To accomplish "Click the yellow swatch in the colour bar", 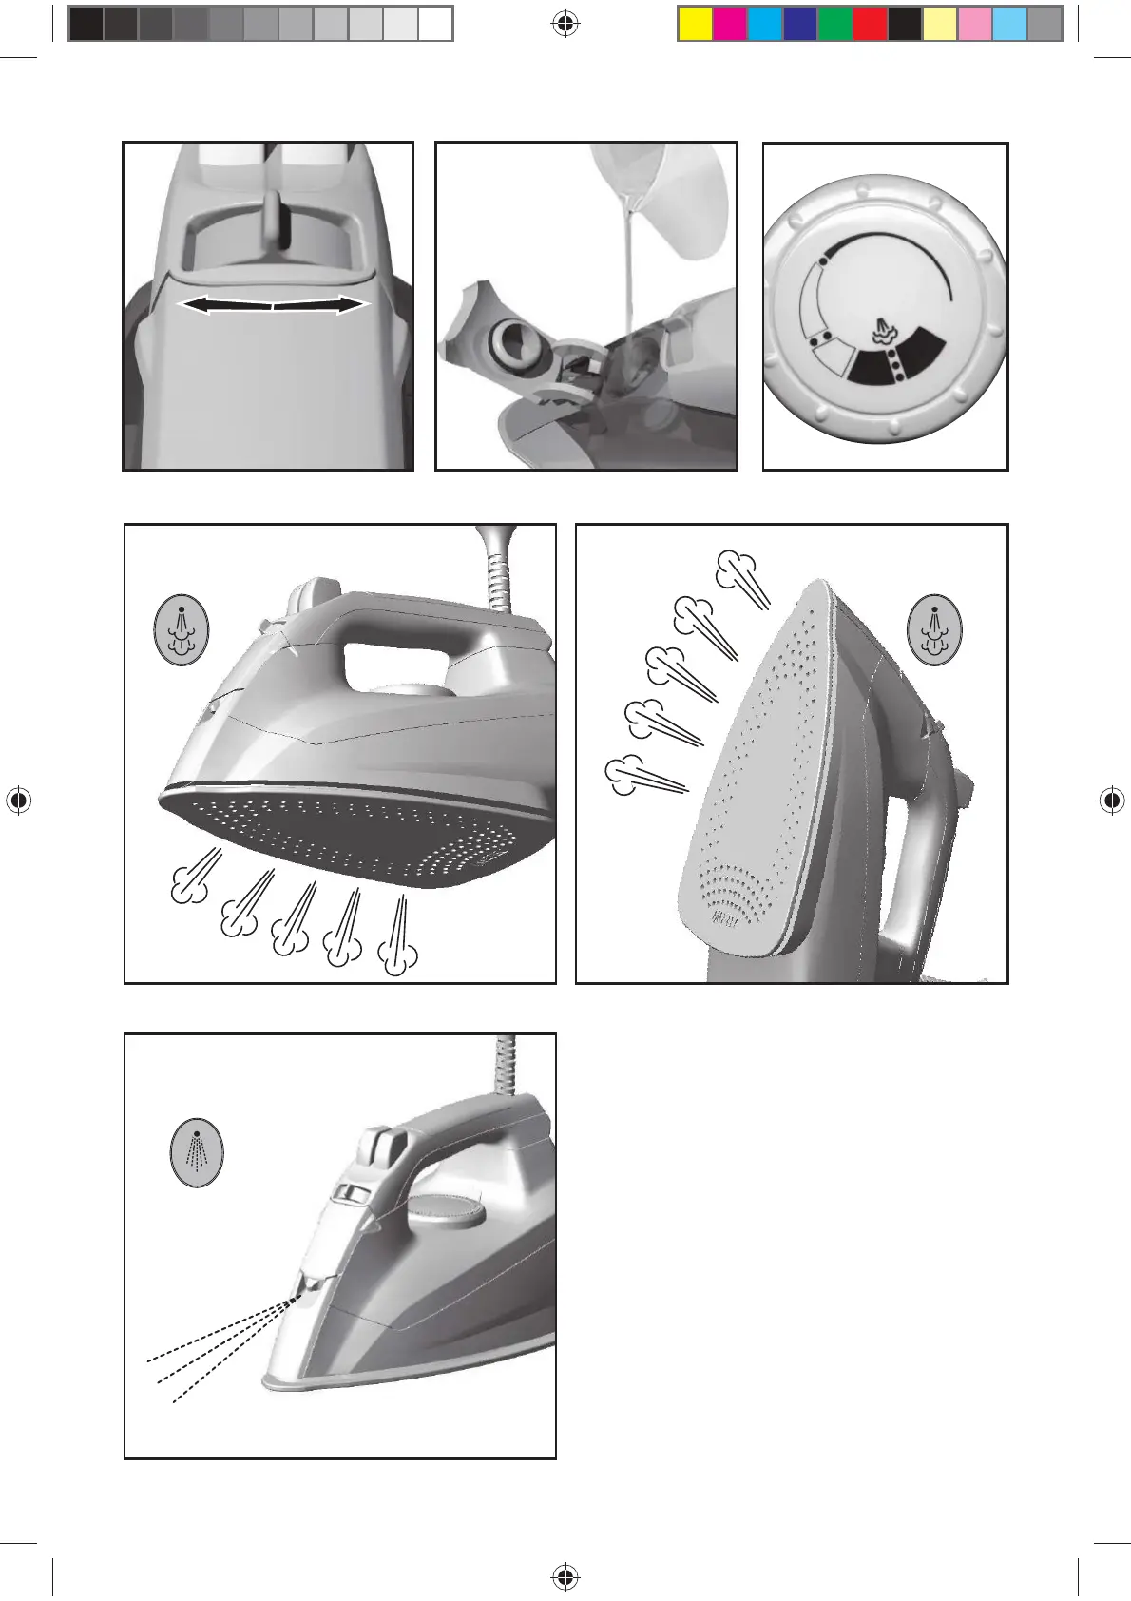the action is (695, 24).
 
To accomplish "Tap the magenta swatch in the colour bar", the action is (730, 24).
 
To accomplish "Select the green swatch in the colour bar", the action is (835, 24).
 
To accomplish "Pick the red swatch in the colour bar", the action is (870, 24).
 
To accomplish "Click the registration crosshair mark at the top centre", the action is (565, 24).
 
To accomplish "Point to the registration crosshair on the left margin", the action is (18, 801).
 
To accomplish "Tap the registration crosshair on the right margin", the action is (1112, 801).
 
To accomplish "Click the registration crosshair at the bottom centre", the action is (565, 1578).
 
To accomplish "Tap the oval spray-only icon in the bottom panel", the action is (197, 1152).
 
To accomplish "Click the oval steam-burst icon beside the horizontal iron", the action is (182, 629).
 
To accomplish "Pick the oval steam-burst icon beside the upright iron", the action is (935, 629).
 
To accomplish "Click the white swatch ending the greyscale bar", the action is (435, 24).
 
